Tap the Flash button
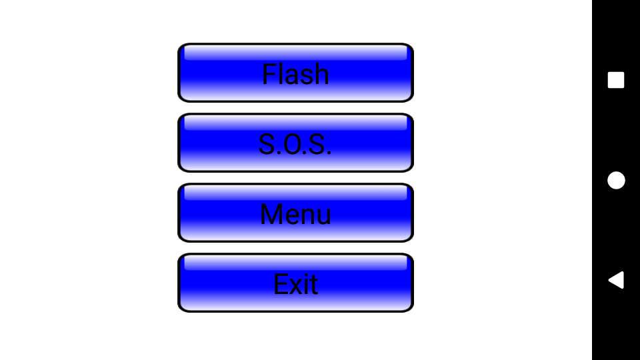pyautogui.click(x=295, y=73)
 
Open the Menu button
pyautogui.click(x=295, y=213)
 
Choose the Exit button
pyautogui.click(x=295, y=283)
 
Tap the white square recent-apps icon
pyautogui.click(x=616, y=80)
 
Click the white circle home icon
pyautogui.click(x=616, y=180)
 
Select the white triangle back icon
pyautogui.click(x=616, y=280)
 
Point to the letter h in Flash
pyautogui.click(x=322, y=74)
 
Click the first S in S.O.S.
pyautogui.click(x=267, y=144)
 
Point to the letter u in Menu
pyautogui.click(x=323, y=215)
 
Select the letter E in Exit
pyautogui.click(x=281, y=285)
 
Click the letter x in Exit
pyautogui.click(x=296, y=285)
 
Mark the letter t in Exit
pyautogui.click(x=313, y=285)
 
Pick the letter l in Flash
pyautogui.click(x=281, y=74)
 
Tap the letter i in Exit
pyautogui.click(x=305, y=284)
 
